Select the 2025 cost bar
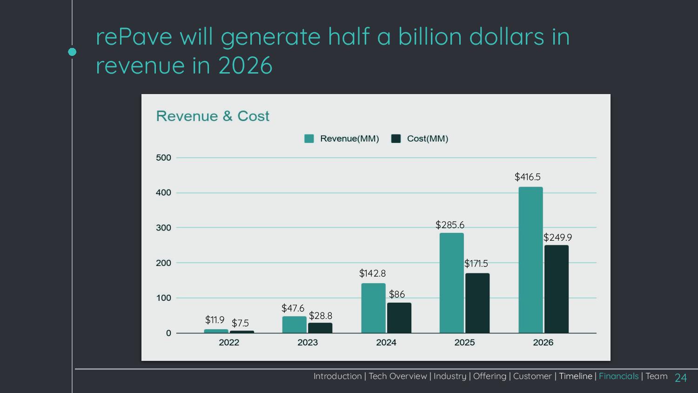coord(477,303)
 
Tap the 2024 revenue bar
coord(373,308)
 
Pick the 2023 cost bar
coord(320,328)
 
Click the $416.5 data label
coord(527,177)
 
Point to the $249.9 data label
coord(557,237)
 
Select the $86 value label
coord(397,294)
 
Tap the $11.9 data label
coord(215,320)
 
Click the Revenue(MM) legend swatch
coord(309,139)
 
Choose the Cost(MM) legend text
coord(427,139)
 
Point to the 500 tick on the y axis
coord(164,158)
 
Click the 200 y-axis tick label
coord(164,263)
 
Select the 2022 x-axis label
coord(229,343)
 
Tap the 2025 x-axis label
coord(464,343)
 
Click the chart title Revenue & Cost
coord(213,116)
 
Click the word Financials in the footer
coord(618,376)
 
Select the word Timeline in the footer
coord(576,376)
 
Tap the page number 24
coord(681,378)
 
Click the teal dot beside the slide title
coord(72,52)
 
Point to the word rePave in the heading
coord(134,37)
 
